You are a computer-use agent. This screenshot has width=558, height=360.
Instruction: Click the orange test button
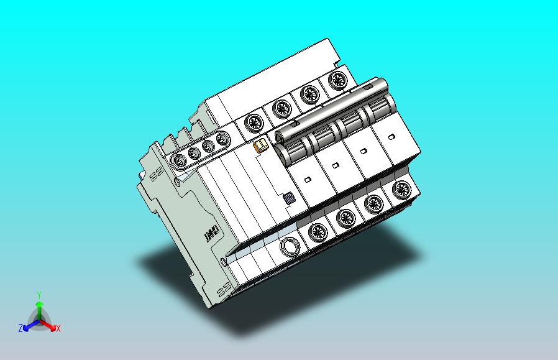[x=260, y=145]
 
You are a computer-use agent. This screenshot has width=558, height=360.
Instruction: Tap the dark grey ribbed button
[x=289, y=198]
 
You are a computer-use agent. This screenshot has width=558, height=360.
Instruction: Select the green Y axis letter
[x=40, y=295]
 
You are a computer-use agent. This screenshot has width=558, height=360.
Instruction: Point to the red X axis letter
[x=58, y=329]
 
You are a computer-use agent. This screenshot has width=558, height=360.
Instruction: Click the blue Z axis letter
[x=21, y=328]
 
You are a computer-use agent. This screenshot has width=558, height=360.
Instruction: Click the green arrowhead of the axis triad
[x=40, y=304]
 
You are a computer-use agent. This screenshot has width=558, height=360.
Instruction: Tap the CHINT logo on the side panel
[x=210, y=233]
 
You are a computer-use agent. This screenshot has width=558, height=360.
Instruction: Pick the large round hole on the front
[x=290, y=246]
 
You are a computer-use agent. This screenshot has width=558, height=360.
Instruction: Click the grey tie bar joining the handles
[x=331, y=110]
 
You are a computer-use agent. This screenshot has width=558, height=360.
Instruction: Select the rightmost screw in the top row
[x=337, y=81]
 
